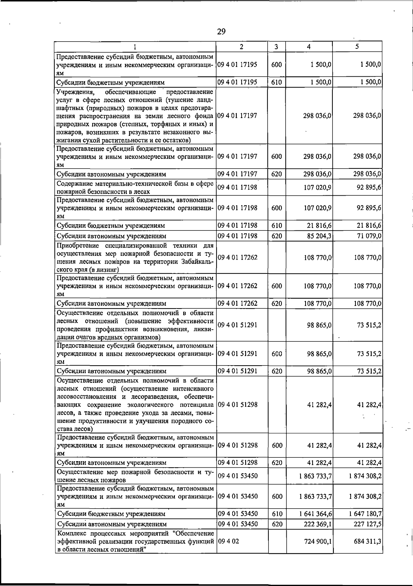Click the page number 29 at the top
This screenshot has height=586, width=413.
click(x=221, y=32)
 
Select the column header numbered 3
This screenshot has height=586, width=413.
click(x=276, y=47)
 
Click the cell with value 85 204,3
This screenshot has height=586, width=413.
click(x=317, y=236)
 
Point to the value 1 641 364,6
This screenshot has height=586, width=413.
click(x=316, y=514)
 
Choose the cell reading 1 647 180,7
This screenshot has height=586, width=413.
click(x=365, y=514)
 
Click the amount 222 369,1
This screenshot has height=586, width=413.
click(x=317, y=524)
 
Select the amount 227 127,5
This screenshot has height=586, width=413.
click(x=367, y=524)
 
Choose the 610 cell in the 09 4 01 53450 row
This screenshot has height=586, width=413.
click(x=277, y=514)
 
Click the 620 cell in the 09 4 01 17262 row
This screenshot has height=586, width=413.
click(x=277, y=304)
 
